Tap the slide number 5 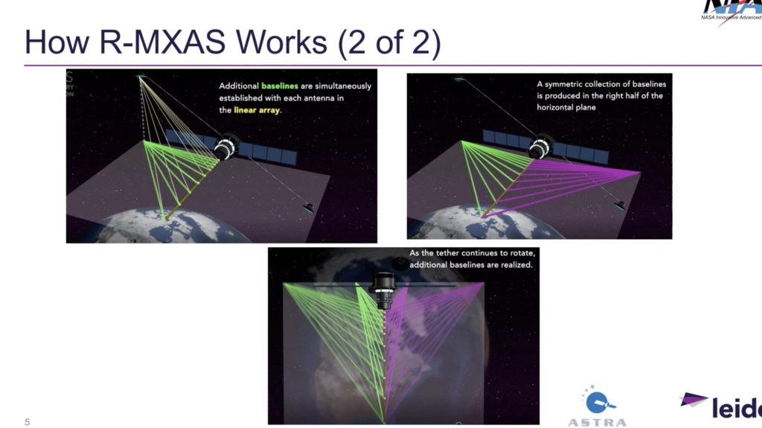28,421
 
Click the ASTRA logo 597,409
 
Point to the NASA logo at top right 732,11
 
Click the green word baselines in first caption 280,86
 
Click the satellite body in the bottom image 383,290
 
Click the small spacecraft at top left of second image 459,79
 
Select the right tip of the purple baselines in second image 639,172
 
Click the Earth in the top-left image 171,227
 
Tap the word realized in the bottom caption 516,265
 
